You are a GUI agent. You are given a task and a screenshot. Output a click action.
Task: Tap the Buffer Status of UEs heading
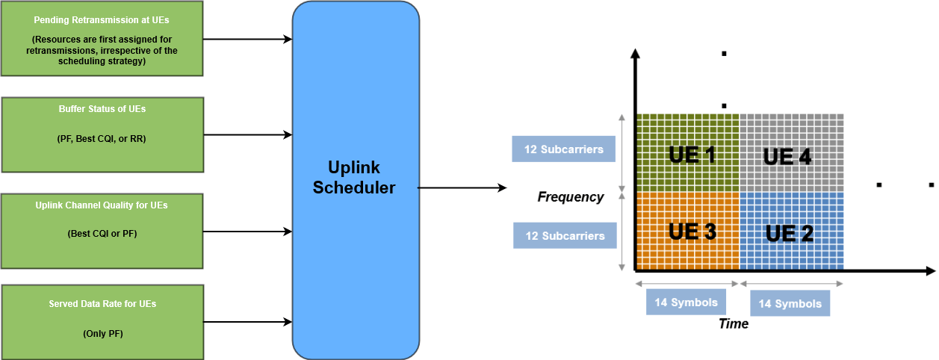coord(102,109)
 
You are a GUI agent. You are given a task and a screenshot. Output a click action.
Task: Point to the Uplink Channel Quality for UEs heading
coord(102,205)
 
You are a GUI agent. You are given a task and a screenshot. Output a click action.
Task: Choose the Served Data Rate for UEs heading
coord(102,304)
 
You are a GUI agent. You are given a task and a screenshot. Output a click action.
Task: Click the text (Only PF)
coord(102,334)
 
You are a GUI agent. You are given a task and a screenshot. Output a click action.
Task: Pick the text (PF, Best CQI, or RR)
coord(102,139)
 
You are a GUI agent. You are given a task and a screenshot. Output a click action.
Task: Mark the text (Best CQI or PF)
coord(102,234)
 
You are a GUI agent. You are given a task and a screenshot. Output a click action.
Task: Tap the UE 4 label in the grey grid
coord(787,157)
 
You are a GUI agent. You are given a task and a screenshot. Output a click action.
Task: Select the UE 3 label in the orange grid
coord(692,232)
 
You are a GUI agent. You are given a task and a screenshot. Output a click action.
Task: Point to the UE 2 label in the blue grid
coord(789,233)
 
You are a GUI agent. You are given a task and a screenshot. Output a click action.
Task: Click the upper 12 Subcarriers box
coord(563,149)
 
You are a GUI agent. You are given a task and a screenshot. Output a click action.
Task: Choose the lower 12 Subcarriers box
coord(565,236)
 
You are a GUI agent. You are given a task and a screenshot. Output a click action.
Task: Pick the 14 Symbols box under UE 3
coord(686,302)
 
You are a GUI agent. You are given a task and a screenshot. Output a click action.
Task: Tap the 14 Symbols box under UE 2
coord(790,303)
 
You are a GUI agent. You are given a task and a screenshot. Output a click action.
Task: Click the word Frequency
coord(571,197)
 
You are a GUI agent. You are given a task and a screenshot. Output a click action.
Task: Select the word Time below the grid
coord(733,323)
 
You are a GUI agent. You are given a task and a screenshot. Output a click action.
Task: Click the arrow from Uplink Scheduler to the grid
coord(462,187)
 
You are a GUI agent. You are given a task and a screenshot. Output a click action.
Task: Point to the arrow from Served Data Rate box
coord(247,322)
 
